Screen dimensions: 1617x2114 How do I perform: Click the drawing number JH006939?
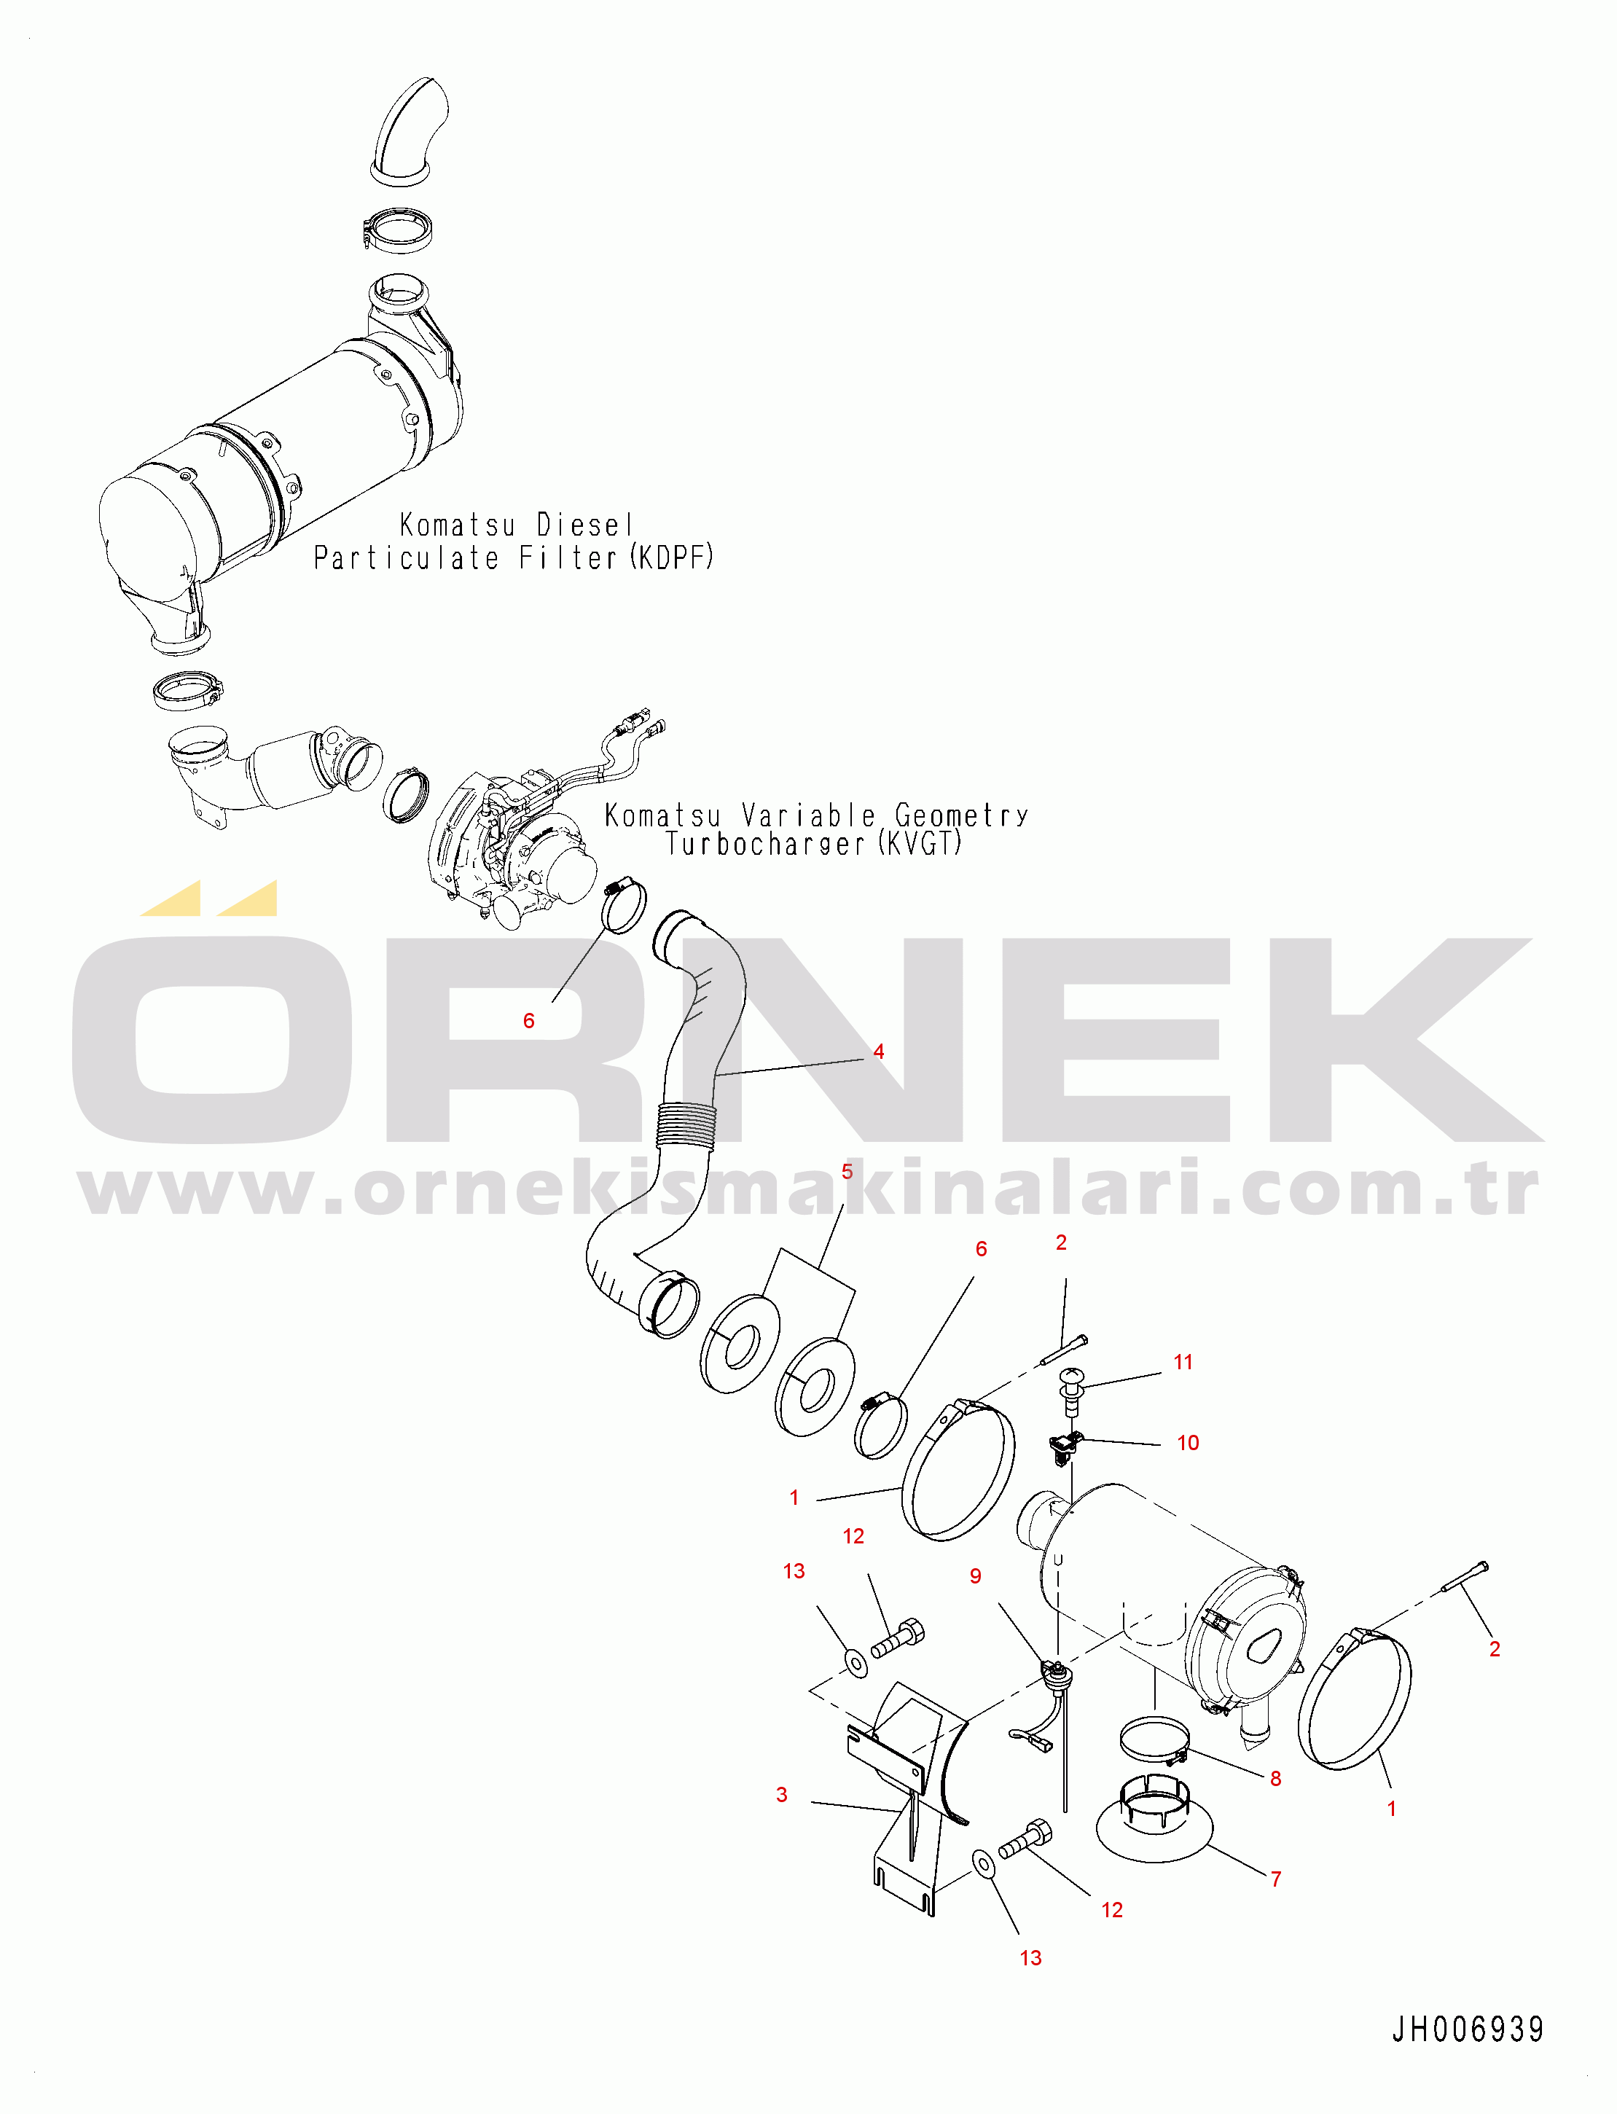point(1467,2029)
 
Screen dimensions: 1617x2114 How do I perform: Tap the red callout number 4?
point(879,1052)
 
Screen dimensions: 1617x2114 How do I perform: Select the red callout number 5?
point(847,1172)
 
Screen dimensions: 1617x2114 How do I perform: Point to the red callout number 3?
point(782,1794)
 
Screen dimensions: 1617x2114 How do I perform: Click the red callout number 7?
point(1276,1878)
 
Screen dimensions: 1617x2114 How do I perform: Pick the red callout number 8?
point(1275,1778)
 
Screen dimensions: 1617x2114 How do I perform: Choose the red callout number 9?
point(975,1576)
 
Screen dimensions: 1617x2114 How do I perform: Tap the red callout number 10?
point(1188,1442)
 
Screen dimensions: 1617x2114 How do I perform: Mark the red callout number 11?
point(1183,1361)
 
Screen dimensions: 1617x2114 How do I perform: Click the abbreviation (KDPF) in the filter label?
point(672,557)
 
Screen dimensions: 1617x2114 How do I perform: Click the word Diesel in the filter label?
point(585,525)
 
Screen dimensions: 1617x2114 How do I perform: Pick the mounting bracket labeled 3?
point(907,1796)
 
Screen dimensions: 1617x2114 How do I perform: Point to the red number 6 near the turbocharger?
point(528,1020)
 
